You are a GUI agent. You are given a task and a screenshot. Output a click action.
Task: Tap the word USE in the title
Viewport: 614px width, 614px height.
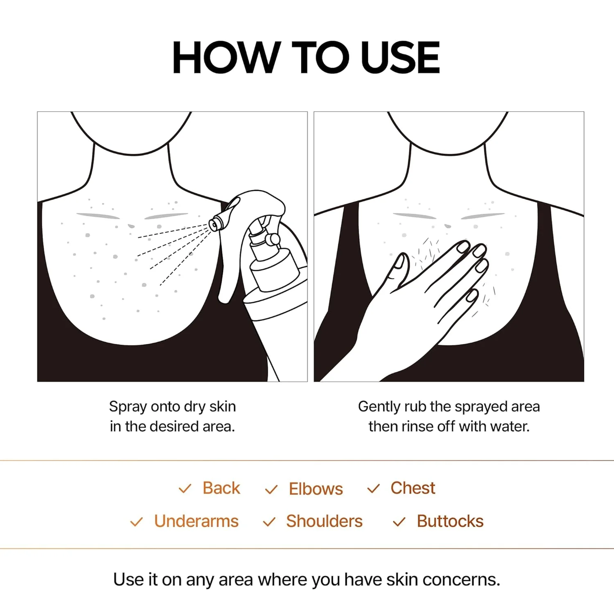(400, 58)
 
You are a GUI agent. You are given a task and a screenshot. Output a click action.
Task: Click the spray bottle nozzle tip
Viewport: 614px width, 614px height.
(214, 224)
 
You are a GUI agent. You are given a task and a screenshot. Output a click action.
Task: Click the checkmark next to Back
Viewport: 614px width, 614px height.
(185, 489)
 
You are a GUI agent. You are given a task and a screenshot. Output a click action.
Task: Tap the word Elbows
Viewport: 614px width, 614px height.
(316, 489)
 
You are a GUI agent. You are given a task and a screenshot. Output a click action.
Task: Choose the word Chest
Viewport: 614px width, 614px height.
(413, 488)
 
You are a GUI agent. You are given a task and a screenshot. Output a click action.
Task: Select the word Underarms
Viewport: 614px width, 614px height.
(196, 521)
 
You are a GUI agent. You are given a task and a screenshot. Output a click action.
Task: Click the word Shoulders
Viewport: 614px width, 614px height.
(324, 521)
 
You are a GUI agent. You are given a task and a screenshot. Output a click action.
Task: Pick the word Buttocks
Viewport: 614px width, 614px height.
(450, 521)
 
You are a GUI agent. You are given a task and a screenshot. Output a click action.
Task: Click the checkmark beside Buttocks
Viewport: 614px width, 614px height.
(399, 522)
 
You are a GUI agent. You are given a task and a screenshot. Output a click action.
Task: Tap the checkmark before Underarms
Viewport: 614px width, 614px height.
(136, 522)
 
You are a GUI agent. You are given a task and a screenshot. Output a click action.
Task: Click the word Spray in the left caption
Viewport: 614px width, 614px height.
(128, 407)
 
